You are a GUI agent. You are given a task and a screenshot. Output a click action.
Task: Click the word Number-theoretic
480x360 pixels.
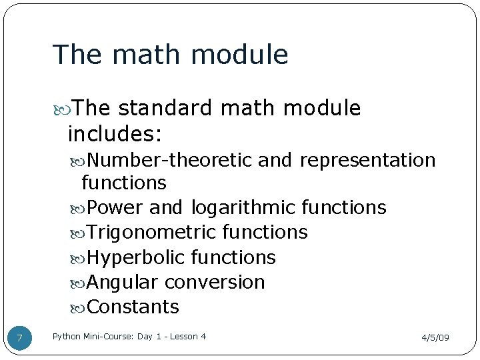[169, 161]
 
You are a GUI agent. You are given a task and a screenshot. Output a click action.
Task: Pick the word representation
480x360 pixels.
[367, 161]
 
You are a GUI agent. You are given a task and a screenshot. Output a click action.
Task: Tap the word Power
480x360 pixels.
[115, 208]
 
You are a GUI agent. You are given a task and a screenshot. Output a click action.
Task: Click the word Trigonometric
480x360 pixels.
[151, 233]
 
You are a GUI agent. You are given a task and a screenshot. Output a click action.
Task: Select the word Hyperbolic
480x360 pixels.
[137, 257]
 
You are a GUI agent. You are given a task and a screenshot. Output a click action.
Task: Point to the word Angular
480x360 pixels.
[122, 283]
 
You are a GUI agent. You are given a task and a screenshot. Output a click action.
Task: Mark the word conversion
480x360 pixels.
[215, 283]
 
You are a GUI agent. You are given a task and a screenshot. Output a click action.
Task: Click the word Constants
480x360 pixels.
[133, 307]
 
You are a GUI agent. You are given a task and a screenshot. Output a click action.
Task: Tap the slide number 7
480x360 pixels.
[19, 339]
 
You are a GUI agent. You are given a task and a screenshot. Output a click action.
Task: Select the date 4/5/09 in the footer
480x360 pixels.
[435, 338]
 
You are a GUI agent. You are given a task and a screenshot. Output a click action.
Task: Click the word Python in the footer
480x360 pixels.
[67, 337]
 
